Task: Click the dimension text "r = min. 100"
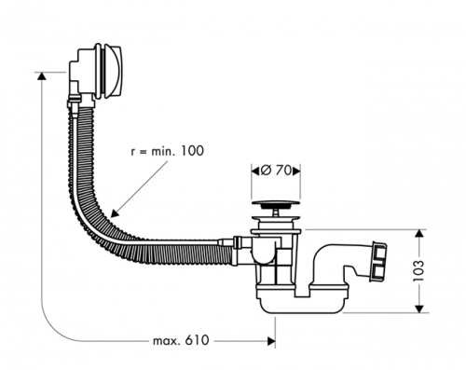(168, 151)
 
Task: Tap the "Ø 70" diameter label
(276, 171)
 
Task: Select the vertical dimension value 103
(418, 271)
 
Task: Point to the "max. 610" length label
(181, 340)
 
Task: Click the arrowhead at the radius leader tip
(115, 213)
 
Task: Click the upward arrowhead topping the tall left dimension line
(41, 76)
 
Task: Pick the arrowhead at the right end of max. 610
(271, 341)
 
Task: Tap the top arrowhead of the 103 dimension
(419, 234)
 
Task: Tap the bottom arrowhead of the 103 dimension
(419, 308)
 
